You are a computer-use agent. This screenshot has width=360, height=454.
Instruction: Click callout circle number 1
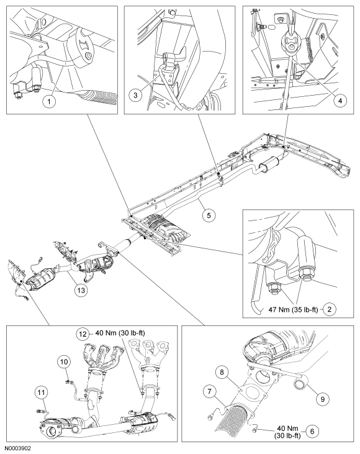[x=49, y=101]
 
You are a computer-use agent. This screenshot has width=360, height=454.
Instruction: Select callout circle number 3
[x=135, y=95]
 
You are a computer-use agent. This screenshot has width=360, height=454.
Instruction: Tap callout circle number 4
[x=340, y=101]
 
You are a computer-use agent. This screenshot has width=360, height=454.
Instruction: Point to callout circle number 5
[x=209, y=215]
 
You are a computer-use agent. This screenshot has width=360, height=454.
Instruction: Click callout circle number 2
[x=330, y=309]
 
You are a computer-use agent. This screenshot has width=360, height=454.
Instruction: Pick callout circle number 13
[x=81, y=289]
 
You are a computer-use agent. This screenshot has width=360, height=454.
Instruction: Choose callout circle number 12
[x=83, y=334]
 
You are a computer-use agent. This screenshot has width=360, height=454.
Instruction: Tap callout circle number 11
[x=42, y=394]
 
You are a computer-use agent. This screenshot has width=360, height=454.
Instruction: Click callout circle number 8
[x=222, y=372]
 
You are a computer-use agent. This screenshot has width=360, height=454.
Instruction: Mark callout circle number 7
[x=210, y=392]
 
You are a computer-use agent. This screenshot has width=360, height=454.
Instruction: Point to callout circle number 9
[x=322, y=399]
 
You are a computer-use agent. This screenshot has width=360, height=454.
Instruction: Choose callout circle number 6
[x=312, y=432]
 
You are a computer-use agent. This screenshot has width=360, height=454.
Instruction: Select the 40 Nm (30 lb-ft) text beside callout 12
[x=120, y=334]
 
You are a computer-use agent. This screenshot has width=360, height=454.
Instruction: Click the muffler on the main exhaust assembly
[x=269, y=163]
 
